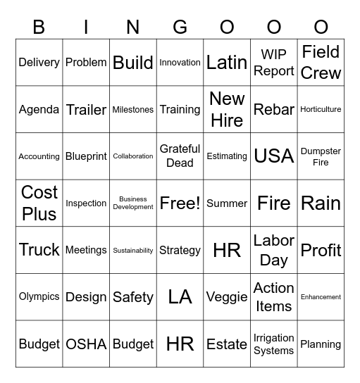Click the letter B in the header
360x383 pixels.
[39, 27]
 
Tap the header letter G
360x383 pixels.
[180, 27]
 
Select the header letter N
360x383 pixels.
[133, 27]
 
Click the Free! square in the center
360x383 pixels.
[180, 203]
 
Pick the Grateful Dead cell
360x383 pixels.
[180, 156]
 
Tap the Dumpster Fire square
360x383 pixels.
[321, 156]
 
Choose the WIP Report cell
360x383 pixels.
[274, 63]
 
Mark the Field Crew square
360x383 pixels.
[321, 62]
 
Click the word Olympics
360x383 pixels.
[39, 296]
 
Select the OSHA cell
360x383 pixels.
[86, 344]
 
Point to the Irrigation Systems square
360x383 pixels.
[274, 344]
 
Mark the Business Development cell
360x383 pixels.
[133, 203]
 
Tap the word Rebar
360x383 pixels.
[274, 109]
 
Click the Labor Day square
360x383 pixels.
[274, 250]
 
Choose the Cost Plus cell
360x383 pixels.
[39, 203]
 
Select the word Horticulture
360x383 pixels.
[321, 109]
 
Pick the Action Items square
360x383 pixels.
[274, 297]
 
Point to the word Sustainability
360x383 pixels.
[133, 250]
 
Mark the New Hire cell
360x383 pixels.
[227, 109]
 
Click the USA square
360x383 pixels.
[274, 156]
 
